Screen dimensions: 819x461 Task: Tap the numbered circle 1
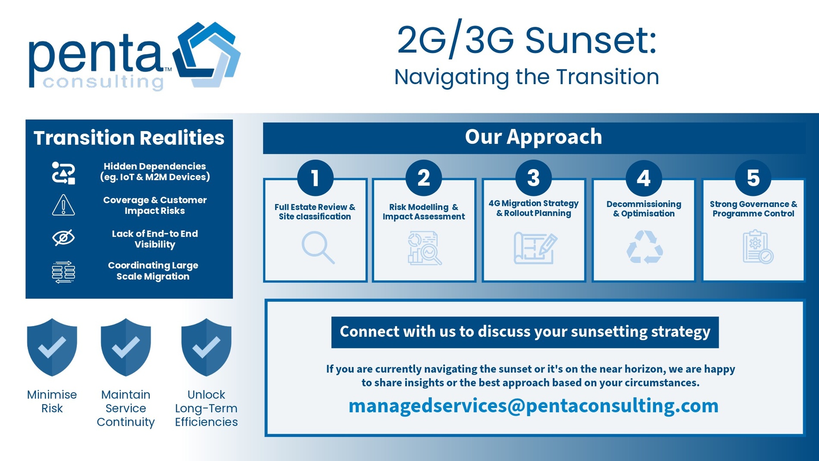(315, 178)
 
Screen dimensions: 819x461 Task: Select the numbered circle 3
(533, 178)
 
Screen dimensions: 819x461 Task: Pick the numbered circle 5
(753, 178)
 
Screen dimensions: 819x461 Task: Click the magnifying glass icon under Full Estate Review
(318, 248)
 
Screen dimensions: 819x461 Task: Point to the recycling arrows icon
(644, 247)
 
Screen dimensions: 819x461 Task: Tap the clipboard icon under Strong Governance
(758, 247)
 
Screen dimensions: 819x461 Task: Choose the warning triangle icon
(63, 205)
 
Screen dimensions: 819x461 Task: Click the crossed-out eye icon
(63, 238)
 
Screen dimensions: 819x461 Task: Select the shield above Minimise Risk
(52, 347)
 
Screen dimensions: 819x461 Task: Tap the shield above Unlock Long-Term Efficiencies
(206, 347)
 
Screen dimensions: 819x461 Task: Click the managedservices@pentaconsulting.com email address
(533, 406)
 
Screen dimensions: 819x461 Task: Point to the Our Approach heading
(534, 137)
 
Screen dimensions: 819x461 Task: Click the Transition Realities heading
(129, 138)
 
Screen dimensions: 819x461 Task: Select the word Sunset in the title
(591, 40)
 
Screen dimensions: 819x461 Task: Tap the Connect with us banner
(525, 332)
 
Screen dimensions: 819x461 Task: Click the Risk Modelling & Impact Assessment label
(424, 212)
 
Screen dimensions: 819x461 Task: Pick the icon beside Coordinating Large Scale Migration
(63, 272)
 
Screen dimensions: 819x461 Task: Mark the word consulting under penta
(103, 82)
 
